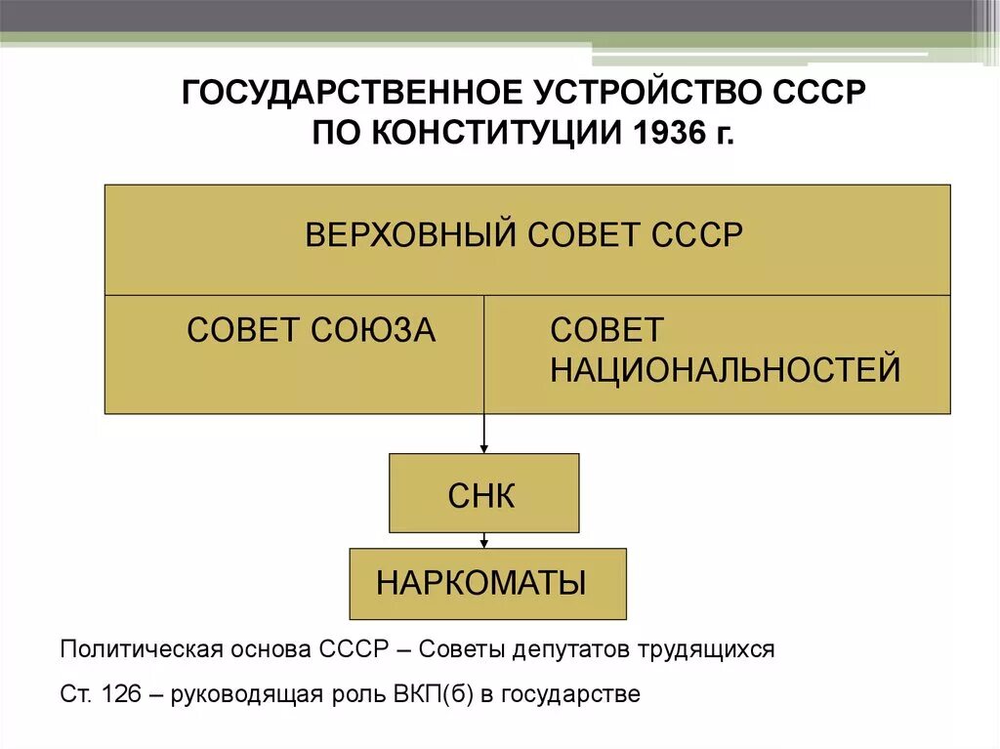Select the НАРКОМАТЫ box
click(487, 583)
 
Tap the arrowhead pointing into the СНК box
click(483, 447)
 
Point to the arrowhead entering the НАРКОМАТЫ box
click(483, 542)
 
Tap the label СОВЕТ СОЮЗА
click(311, 330)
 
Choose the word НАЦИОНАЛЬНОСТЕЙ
click(725, 370)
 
